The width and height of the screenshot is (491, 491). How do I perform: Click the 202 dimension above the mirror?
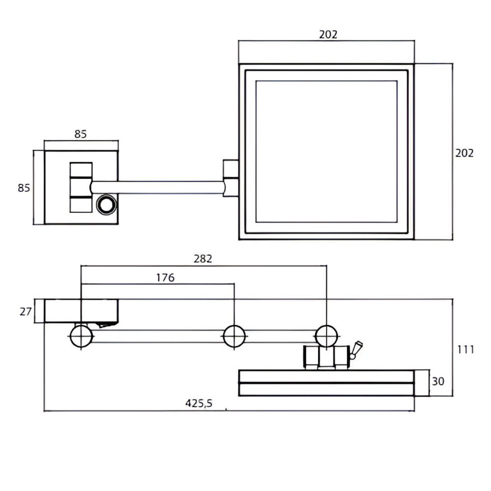point(328,34)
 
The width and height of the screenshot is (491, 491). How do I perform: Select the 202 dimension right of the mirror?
point(464,153)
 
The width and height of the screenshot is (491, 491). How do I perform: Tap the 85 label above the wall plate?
point(81,133)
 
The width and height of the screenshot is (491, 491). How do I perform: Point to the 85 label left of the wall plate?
point(24,188)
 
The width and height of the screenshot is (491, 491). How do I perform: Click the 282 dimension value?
point(203,259)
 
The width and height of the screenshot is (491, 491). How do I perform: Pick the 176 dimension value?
point(165,278)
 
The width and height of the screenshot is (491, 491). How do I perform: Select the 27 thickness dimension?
point(26,311)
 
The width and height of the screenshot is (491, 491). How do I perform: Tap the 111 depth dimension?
point(465,350)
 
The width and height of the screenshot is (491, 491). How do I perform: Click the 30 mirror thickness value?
point(438,381)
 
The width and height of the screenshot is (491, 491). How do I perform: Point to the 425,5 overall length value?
point(199,403)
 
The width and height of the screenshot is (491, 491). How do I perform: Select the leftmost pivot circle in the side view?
point(81,336)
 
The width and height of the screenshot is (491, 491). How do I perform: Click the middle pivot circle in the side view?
point(234,336)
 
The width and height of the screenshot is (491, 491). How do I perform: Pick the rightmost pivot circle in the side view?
point(327,336)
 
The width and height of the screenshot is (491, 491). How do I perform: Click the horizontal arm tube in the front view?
point(157,187)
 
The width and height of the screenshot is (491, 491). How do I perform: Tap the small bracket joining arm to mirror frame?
point(230,177)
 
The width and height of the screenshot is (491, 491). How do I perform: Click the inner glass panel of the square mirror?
point(327,151)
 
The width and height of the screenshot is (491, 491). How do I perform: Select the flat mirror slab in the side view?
point(327,383)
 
